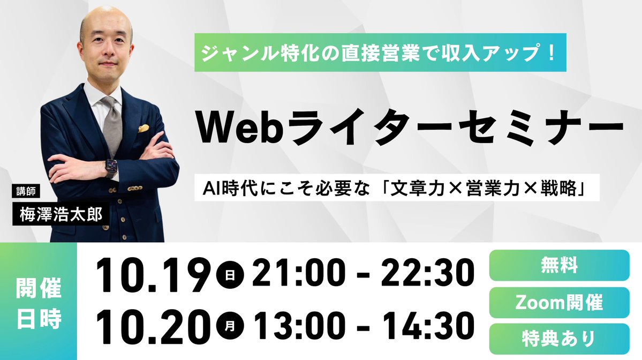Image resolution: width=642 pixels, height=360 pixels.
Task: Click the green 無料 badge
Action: pos(559,265)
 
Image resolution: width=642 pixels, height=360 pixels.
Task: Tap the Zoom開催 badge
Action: pos(559,303)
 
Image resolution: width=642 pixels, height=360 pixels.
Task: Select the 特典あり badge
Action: pos(559,339)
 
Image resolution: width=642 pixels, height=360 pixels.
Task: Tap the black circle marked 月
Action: pos(230,324)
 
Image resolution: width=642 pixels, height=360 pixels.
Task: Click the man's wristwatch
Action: pos(110,168)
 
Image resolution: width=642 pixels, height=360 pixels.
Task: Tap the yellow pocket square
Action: pos(143,129)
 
